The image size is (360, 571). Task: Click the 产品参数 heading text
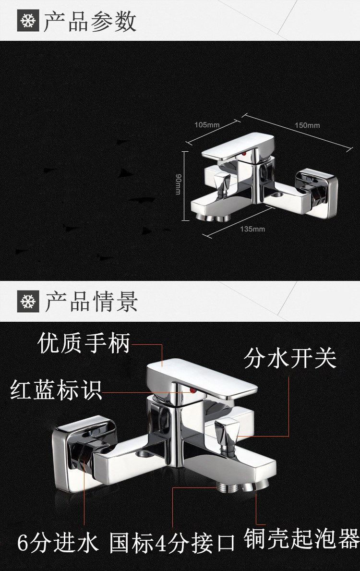pos(90,22)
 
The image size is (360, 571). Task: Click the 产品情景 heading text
pos(91,302)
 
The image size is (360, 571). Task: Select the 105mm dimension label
pos(207,125)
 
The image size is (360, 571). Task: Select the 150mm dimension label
pos(307,125)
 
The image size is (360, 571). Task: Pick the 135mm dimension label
pos(252,229)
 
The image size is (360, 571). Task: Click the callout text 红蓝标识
pos(56,389)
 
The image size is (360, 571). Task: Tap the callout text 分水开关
pos(290,358)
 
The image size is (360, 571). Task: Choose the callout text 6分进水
pos(58,544)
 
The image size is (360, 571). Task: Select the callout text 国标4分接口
pos(172,544)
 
